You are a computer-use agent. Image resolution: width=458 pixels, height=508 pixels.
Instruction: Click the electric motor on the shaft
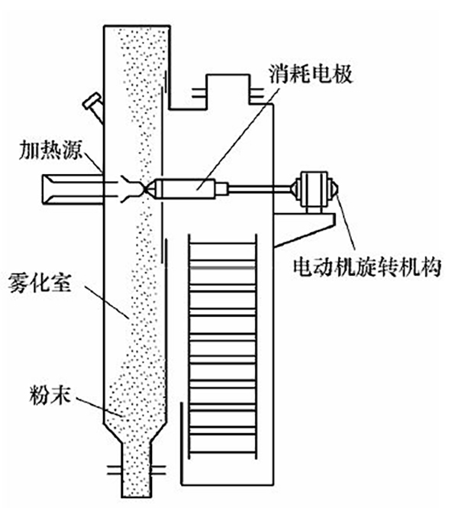coord(315,189)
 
